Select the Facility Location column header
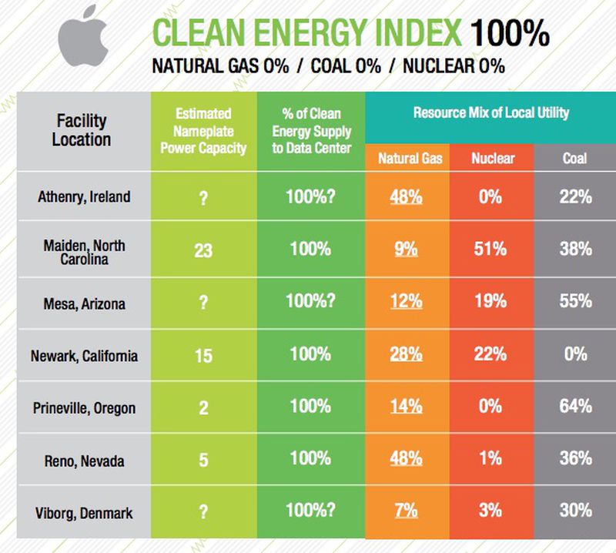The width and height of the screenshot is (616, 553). tap(82, 130)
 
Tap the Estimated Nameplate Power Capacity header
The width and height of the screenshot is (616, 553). tap(203, 130)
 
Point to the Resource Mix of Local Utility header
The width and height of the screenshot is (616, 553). tap(490, 112)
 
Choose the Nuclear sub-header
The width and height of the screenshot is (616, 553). tap(492, 159)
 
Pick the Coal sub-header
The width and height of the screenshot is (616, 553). tap(574, 159)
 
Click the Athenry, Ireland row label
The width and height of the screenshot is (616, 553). tap(84, 196)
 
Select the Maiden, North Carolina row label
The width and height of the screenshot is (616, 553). tap(84, 250)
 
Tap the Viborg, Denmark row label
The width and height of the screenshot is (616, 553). tap(84, 512)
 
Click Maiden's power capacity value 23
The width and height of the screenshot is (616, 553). tap(203, 250)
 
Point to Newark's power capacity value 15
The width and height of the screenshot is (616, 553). tap(203, 355)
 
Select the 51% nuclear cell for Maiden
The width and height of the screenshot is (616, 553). tap(490, 249)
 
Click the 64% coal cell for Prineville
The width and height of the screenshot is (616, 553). tap(574, 406)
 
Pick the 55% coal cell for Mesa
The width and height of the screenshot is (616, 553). tap(574, 301)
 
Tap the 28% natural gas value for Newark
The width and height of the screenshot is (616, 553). tap(405, 354)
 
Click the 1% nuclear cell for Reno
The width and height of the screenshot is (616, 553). tap(490, 458)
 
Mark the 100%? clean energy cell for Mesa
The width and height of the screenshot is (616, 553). tap(310, 301)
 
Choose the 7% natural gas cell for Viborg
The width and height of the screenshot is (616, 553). tap(405, 511)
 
